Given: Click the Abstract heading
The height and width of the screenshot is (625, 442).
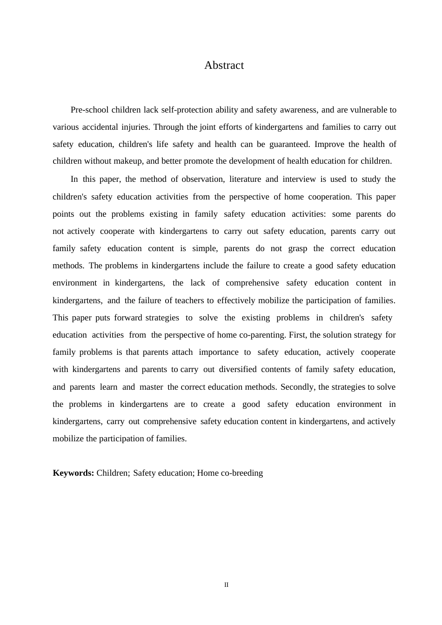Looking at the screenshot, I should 224,66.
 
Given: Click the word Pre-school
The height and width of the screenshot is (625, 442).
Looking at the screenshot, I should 89,110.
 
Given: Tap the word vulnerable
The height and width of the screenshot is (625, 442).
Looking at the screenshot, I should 368,110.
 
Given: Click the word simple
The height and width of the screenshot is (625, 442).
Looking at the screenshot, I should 204,249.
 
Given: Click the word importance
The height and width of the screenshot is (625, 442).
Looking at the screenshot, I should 218,352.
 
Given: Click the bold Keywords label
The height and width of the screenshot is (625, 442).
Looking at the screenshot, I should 74,473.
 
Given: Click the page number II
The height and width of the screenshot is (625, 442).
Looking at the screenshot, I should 227,585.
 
